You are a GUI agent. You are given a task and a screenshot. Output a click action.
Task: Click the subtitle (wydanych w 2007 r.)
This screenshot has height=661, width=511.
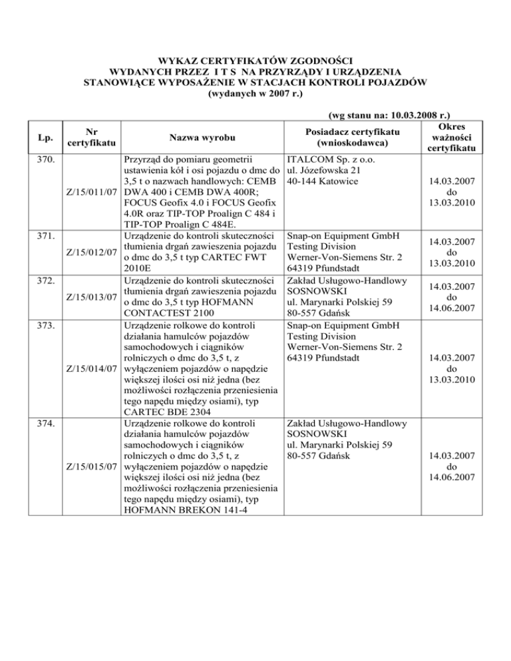point(256,94)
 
